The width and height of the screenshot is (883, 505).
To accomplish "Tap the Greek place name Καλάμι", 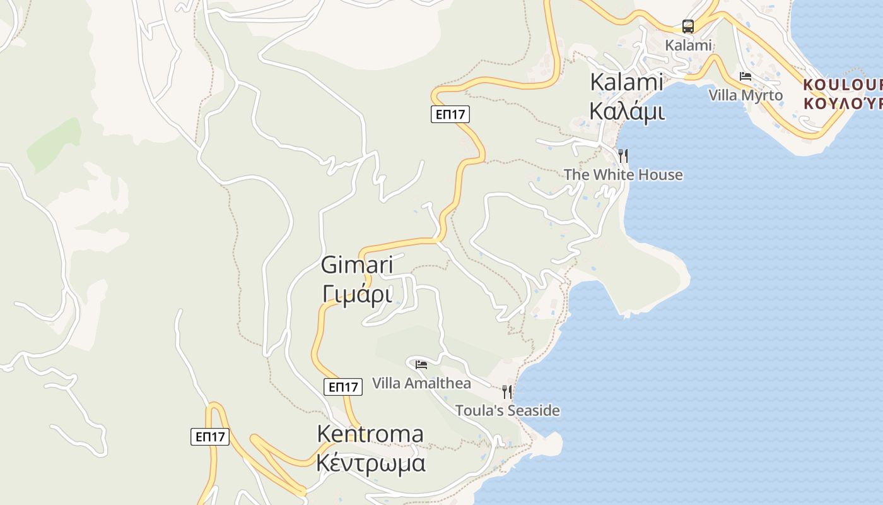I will (x=626, y=110).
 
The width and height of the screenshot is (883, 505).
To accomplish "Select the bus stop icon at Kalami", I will (x=688, y=27).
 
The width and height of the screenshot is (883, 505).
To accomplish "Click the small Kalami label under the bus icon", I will (x=689, y=45).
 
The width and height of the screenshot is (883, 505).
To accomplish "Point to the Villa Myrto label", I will (x=746, y=95).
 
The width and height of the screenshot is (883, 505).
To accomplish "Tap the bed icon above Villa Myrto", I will (x=746, y=76).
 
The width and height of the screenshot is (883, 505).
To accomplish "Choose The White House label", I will (x=623, y=175).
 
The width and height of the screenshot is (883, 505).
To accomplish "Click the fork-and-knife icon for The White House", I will (x=623, y=155).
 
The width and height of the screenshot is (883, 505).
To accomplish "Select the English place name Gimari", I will (x=357, y=264).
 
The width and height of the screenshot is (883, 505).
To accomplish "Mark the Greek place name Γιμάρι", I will (x=357, y=294).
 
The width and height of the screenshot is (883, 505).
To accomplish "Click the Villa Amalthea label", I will (x=421, y=383).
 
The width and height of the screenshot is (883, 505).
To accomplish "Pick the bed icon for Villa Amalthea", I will (x=421, y=364).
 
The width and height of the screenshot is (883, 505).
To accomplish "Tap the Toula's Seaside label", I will (x=508, y=411).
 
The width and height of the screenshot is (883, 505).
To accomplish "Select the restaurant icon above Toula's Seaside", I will (x=507, y=392).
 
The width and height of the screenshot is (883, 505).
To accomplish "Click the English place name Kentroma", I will (x=370, y=434).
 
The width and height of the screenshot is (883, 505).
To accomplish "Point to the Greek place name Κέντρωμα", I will (x=370, y=464).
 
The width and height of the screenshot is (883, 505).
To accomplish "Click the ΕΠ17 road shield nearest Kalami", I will (x=450, y=114).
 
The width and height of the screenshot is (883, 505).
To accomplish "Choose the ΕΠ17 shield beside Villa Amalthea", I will (x=344, y=387).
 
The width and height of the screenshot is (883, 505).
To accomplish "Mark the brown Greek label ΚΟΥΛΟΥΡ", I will (x=843, y=103).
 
